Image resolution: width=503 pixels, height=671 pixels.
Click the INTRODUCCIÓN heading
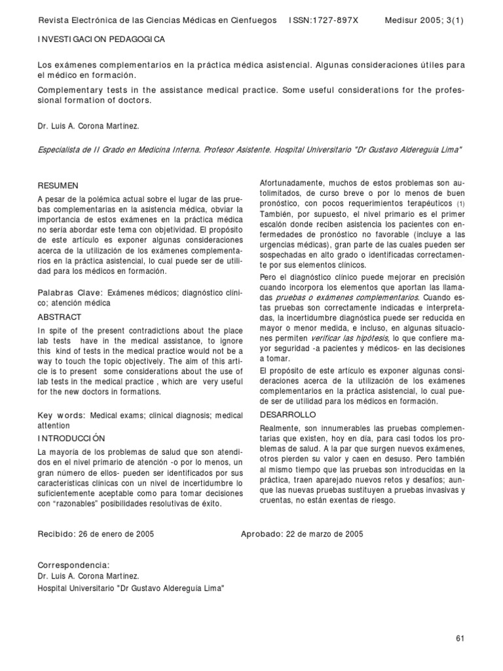[71, 438]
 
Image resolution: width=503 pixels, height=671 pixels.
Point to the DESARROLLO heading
[288, 415]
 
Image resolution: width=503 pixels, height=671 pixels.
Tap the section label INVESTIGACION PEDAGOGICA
[101, 39]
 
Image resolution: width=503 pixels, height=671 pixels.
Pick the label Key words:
[62, 415]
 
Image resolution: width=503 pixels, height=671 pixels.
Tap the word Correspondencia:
[73, 565]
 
